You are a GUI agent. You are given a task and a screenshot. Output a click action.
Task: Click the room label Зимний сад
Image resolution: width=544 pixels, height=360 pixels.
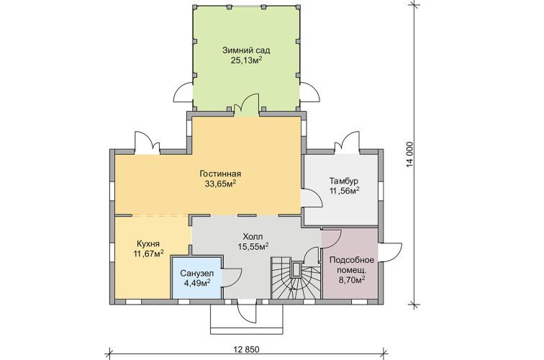(x=246, y=50)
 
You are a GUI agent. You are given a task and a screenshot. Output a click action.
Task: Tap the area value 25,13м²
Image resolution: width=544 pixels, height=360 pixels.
(x=246, y=60)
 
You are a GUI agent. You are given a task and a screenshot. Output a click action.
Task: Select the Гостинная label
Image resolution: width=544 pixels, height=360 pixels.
(x=220, y=174)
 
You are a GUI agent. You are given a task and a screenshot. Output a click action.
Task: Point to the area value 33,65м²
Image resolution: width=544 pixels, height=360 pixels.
(x=220, y=184)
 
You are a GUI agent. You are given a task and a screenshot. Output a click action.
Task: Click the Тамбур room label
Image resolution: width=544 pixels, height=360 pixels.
(x=344, y=181)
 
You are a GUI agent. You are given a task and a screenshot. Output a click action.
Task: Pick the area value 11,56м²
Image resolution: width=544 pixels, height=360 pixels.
(x=344, y=191)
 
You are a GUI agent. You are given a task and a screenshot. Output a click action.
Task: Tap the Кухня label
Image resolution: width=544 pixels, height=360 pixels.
(x=148, y=243)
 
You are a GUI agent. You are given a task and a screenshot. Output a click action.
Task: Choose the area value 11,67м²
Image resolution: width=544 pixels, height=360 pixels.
(x=148, y=253)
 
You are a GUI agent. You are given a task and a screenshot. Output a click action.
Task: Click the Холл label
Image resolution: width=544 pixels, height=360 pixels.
(x=253, y=237)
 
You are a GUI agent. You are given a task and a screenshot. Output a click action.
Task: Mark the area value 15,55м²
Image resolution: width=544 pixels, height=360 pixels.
(x=253, y=247)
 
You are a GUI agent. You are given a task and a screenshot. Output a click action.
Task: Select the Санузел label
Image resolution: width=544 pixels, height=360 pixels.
(x=197, y=274)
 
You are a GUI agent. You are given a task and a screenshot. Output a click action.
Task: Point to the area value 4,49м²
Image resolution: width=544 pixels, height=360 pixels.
(x=197, y=283)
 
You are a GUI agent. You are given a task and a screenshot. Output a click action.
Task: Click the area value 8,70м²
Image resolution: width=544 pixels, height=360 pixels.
(x=351, y=279)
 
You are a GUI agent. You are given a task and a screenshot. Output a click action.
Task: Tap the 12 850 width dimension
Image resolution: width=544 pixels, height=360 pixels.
(x=247, y=349)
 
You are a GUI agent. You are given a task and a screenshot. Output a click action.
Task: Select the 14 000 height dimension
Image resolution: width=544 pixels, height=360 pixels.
(x=410, y=155)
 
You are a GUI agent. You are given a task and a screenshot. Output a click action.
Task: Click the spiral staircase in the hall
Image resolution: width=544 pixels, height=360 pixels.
(x=295, y=278)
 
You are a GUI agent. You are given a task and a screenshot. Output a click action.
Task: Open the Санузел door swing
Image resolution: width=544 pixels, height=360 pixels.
(x=232, y=278)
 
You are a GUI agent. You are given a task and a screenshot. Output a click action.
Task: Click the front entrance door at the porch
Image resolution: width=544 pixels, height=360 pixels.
(x=247, y=311)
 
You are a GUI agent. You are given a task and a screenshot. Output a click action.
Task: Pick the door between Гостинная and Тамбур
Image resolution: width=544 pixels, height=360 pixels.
(x=312, y=199)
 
